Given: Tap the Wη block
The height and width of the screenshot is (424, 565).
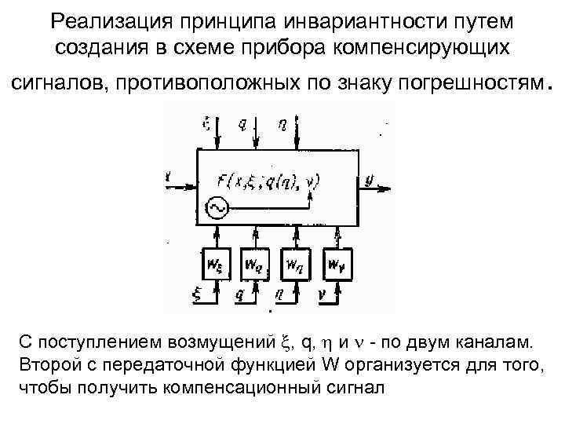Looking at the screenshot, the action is [x=295, y=264].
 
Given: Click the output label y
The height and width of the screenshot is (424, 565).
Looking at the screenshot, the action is [x=370, y=180].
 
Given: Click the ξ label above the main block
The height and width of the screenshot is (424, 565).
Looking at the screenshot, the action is [x=206, y=124].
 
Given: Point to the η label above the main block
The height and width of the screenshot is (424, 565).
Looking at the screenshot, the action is [x=282, y=124].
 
